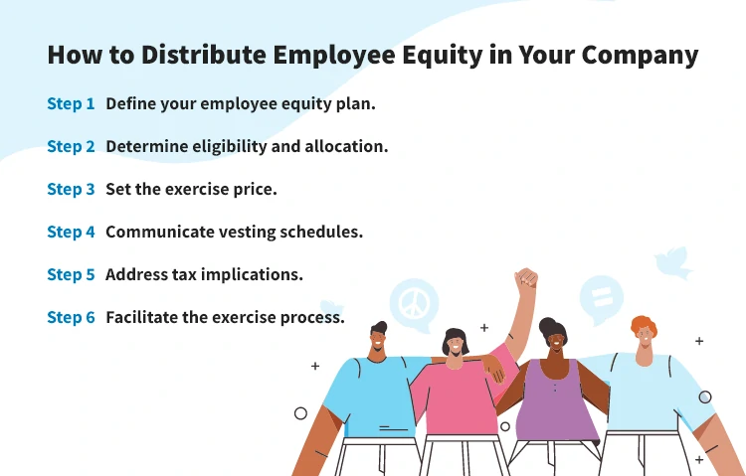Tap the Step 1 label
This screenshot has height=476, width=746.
pos(71,103)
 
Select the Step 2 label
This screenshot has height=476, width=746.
pos(71,146)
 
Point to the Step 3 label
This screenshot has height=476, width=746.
pos(71,189)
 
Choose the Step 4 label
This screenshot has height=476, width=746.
pos(71,232)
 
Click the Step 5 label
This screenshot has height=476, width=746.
pos(71,274)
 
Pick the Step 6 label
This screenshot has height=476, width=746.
pos(71,317)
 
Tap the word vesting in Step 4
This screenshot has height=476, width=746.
pos(260,232)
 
